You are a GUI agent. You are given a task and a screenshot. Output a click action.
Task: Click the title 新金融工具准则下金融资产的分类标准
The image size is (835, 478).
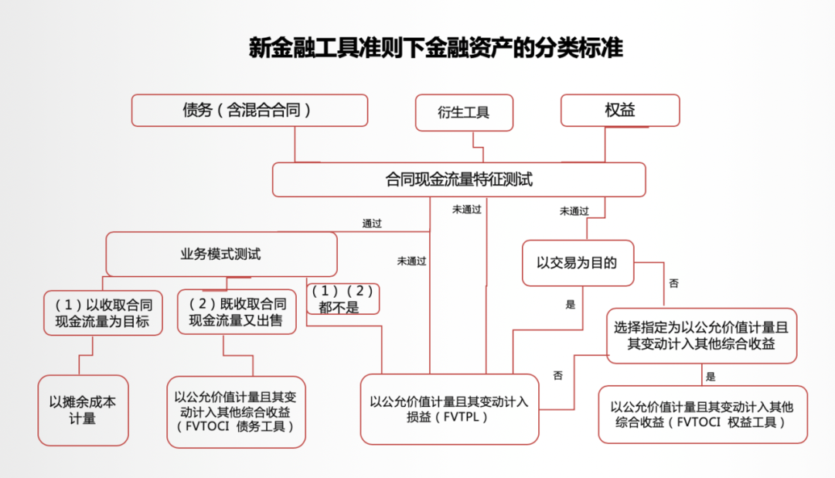point(435,48)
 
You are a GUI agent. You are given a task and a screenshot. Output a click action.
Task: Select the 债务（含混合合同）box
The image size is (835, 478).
point(250,111)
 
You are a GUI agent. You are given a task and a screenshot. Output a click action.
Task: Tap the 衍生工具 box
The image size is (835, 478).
point(464,112)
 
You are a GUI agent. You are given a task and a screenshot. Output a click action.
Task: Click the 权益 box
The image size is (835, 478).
point(620,111)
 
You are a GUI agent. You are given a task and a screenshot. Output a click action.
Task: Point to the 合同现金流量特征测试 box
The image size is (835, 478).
point(459,179)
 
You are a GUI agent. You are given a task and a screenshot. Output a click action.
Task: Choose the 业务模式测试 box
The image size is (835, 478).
point(222,254)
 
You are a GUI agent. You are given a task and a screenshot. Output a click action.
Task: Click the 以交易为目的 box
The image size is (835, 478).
point(578,263)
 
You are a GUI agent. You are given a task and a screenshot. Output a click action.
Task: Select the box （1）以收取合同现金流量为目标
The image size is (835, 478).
point(103,312)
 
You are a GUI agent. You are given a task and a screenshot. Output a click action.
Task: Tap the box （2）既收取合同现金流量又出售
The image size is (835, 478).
point(237,312)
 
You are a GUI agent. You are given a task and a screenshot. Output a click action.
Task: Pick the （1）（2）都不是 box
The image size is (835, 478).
point(343,299)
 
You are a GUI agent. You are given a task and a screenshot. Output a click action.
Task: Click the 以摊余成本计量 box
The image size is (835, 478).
point(83,411)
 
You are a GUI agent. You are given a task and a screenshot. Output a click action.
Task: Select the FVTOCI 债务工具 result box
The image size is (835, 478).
point(236,412)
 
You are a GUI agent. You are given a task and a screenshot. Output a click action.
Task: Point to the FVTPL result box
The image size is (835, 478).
point(449,409)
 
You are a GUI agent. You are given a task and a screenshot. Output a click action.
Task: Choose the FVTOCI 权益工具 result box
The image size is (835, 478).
point(703,415)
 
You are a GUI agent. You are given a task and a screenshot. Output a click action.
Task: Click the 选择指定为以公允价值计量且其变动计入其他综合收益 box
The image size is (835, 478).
point(701,336)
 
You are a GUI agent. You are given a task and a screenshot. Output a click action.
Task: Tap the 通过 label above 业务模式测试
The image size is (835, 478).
point(372,224)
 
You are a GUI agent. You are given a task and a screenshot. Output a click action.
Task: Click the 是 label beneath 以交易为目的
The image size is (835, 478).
point(571,304)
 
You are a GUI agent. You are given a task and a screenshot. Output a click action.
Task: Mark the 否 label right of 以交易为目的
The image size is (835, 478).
point(673,283)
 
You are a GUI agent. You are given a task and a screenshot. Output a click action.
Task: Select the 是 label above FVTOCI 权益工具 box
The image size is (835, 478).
point(711,377)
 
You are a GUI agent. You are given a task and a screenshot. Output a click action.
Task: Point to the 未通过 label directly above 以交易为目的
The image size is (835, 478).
point(574,211)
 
